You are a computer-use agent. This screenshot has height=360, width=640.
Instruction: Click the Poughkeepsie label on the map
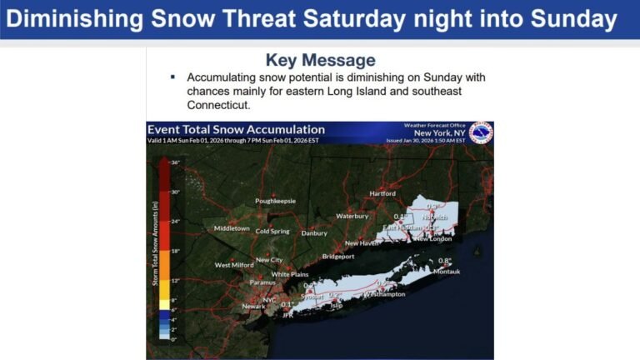point(275,201)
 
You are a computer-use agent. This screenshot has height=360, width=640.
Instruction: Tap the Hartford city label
point(382,193)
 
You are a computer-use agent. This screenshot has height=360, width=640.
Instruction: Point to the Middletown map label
point(232,227)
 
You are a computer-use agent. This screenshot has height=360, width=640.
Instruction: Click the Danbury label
point(314,233)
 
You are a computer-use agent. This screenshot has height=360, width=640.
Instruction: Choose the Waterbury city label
point(352,216)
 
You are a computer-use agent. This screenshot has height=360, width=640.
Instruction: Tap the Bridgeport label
point(338,257)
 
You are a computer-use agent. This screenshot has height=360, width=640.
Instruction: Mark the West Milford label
point(233,265)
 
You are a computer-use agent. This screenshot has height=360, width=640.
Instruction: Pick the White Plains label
point(290,274)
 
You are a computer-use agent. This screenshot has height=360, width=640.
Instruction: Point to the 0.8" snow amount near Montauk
point(445,261)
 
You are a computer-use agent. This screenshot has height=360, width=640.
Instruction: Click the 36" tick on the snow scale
point(176,162)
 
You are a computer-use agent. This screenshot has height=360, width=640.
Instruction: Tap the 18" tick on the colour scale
point(176,251)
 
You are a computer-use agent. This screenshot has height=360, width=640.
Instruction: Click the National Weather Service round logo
point(481,133)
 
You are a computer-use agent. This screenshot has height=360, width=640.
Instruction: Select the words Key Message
point(320,60)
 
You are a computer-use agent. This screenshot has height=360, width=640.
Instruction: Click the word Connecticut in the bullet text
point(218,106)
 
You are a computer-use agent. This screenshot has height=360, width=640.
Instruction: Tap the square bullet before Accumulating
point(172,77)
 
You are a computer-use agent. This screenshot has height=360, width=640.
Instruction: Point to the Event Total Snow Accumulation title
point(236,129)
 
